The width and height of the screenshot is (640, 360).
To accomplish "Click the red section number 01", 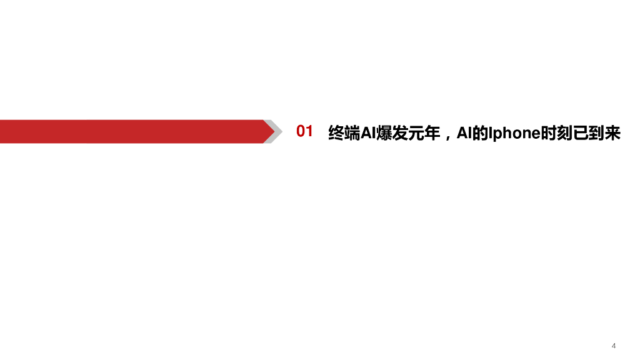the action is click(x=304, y=132).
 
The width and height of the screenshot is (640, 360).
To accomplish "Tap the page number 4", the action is click(x=614, y=346).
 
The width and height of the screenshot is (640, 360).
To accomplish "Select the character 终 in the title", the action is click(x=336, y=132).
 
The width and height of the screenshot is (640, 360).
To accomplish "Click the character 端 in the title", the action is click(x=352, y=132).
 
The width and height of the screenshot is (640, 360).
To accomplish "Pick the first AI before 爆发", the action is click(x=367, y=132).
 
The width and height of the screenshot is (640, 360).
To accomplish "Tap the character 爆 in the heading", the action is click(x=382, y=132).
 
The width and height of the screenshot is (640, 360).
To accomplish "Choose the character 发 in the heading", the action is click(x=398, y=132).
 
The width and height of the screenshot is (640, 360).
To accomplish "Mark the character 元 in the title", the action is click(x=414, y=132).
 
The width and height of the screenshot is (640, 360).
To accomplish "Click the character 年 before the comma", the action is click(x=431, y=132).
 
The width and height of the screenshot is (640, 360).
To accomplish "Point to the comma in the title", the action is click(x=446, y=136).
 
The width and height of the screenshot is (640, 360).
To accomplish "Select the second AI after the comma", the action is click(x=464, y=132).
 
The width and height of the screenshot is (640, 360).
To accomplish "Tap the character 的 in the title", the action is click(x=479, y=132).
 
